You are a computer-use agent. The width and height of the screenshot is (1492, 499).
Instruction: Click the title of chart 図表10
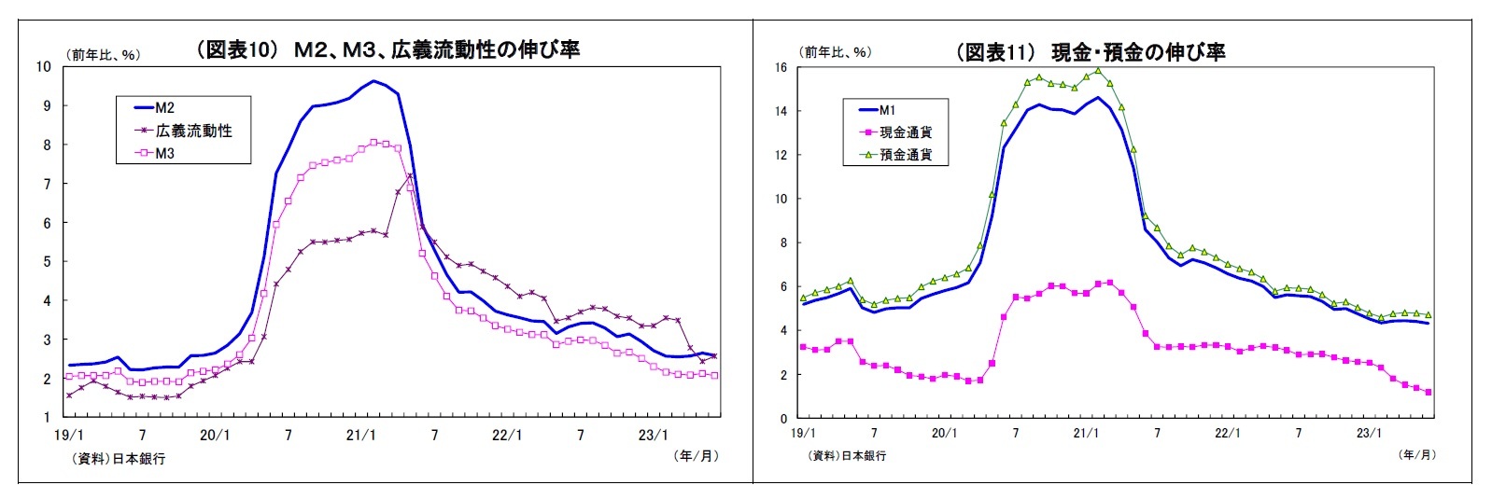pyautogui.click(x=387, y=49)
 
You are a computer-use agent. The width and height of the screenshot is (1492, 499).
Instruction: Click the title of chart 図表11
pyautogui.click(x=1091, y=52)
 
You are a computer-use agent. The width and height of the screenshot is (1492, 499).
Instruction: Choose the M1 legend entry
pyautogui.click(x=887, y=110)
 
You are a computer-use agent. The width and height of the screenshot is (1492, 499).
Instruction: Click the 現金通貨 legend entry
pyautogui.click(x=905, y=132)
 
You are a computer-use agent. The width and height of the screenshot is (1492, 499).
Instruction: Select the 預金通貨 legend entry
pyautogui.click(x=905, y=155)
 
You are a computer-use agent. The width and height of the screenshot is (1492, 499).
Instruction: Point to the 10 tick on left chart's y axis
pyautogui.click(x=43, y=66)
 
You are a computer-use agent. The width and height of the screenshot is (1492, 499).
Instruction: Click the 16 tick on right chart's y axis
pyautogui.click(x=781, y=67)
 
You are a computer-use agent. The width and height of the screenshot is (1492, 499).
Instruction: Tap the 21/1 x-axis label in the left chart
pyautogui.click(x=360, y=435)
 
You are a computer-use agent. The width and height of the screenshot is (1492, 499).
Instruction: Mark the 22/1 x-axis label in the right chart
pyautogui.click(x=1227, y=434)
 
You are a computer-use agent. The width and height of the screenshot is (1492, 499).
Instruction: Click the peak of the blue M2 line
pyautogui.click(x=373, y=81)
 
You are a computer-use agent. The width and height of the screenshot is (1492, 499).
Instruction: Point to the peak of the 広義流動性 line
pyautogui.click(x=409, y=175)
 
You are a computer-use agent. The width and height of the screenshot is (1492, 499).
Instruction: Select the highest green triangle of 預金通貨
pyautogui.click(x=1098, y=70)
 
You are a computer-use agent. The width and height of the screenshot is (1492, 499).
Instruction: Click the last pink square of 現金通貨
pyautogui.click(x=1429, y=393)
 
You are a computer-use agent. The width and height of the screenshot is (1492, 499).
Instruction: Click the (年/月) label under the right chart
pyautogui.click(x=1416, y=454)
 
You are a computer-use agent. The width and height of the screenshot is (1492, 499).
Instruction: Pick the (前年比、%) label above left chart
pyautogui.click(x=103, y=54)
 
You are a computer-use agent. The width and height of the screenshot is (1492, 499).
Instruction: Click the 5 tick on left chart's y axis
pyautogui.click(x=46, y=262)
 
